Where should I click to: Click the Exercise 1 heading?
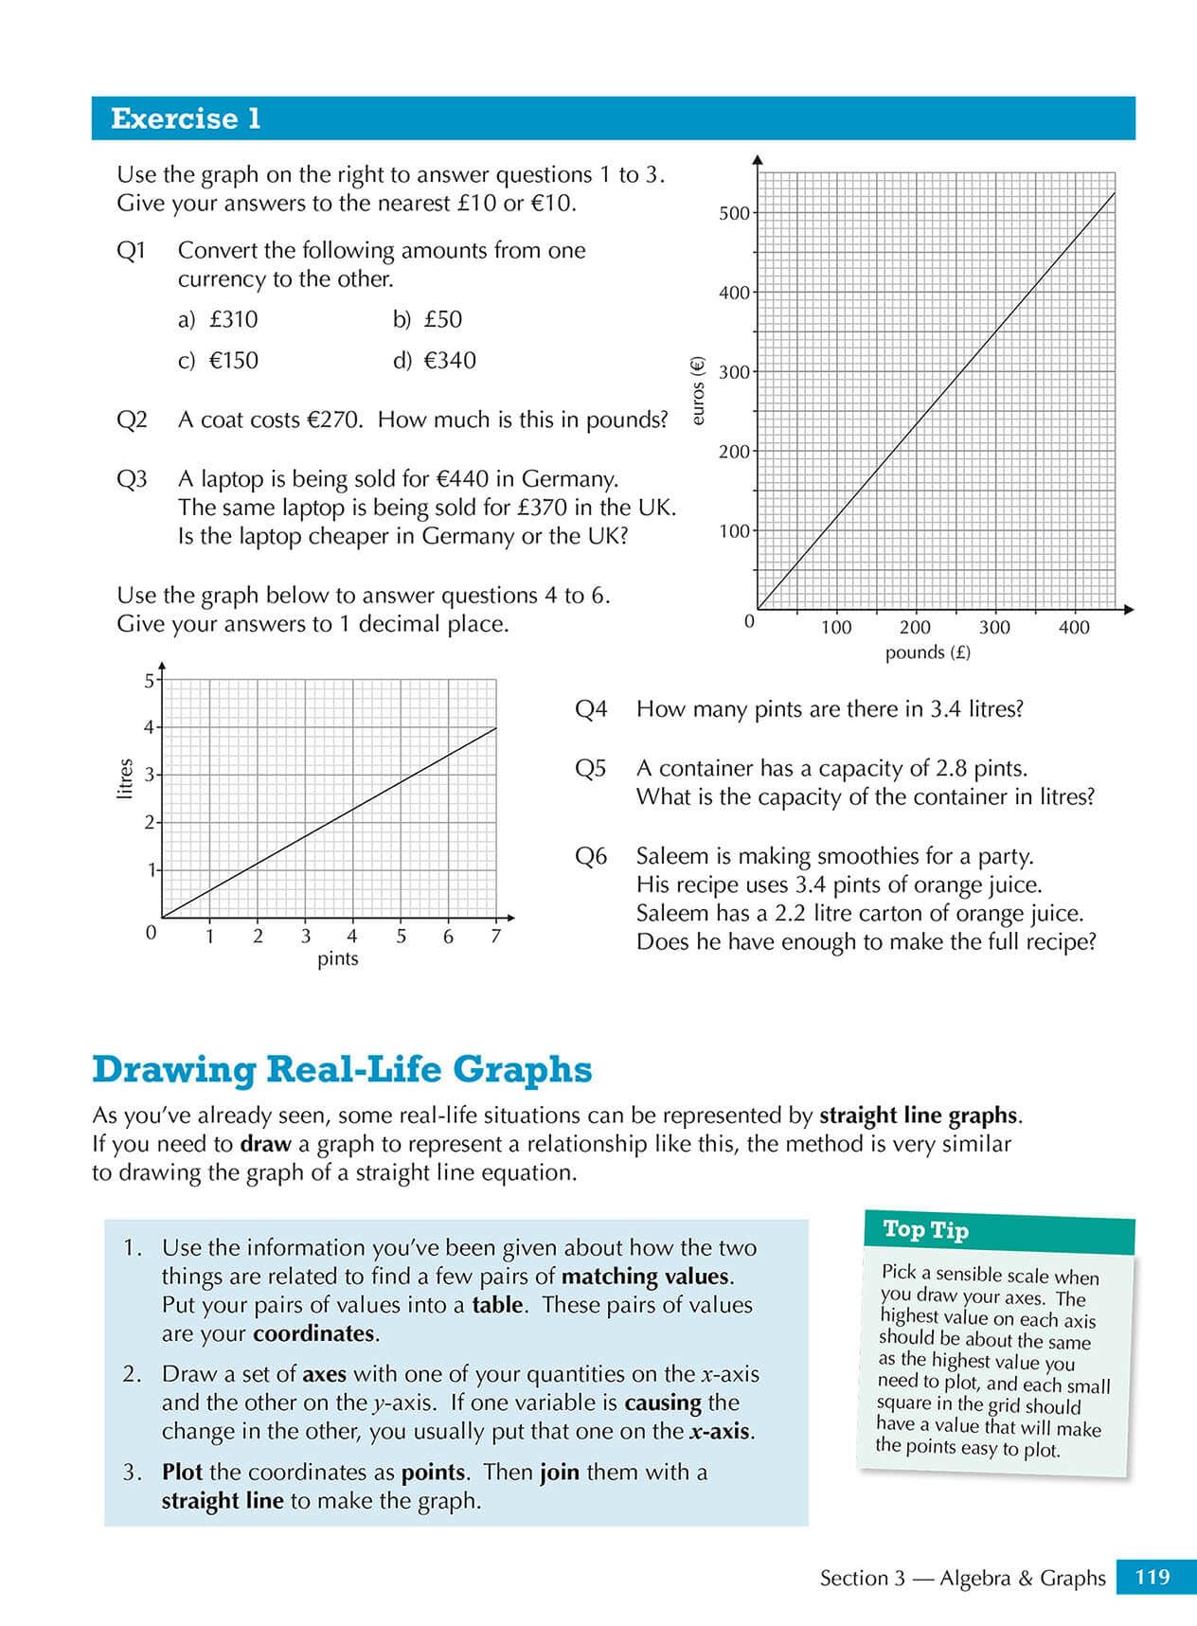pyautogui.click(x=186, y=118)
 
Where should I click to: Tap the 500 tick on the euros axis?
pyautogui.click(x=734, y=213)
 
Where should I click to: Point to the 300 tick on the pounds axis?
pyautogui.click(x=994, y=627)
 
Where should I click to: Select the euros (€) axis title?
pyautogui.click(x=699, y=390)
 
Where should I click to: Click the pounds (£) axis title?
pyautogui.click(x=927, y=652)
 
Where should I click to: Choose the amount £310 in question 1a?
pyautogui.click(x=233, y=319)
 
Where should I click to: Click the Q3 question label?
pyautogui.click(x=132, y=479)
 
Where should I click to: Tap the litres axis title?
pyautogui.click(x=124, y=778)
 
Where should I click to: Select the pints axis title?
pyautogui.click(x=338, y=958)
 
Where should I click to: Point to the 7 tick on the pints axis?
pyautogui.click(x=495, y=937)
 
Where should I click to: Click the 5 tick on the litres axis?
pyautogui.click(x=149, y=680)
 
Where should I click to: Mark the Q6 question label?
pyautogui.click(x=591, y=856)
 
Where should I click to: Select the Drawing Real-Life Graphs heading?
pyautogui.click(x=342, y=1069)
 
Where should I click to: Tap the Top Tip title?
pyautogui.click(x=925, y=1229)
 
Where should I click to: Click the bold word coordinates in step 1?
pyautogui.click(x=314, y=1333)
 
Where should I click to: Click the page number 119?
pyautogui.click(x=1152, y=1577)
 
